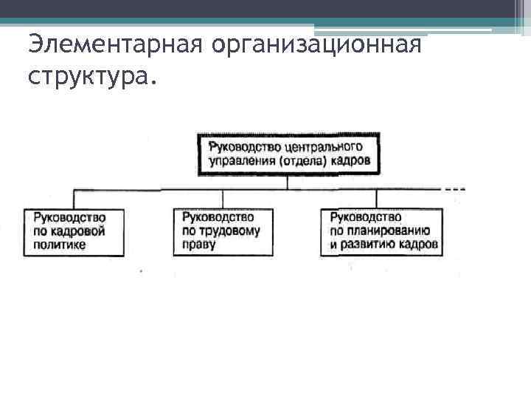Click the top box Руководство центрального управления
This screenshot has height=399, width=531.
click(288, 153)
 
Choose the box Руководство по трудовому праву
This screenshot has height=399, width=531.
click(223, 231)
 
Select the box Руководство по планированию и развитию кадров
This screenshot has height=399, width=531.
click(381, 231)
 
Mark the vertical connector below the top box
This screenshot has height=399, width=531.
click(288, 182)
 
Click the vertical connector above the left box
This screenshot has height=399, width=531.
click(73, 199)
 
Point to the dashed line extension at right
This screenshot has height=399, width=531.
click(454, 189)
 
